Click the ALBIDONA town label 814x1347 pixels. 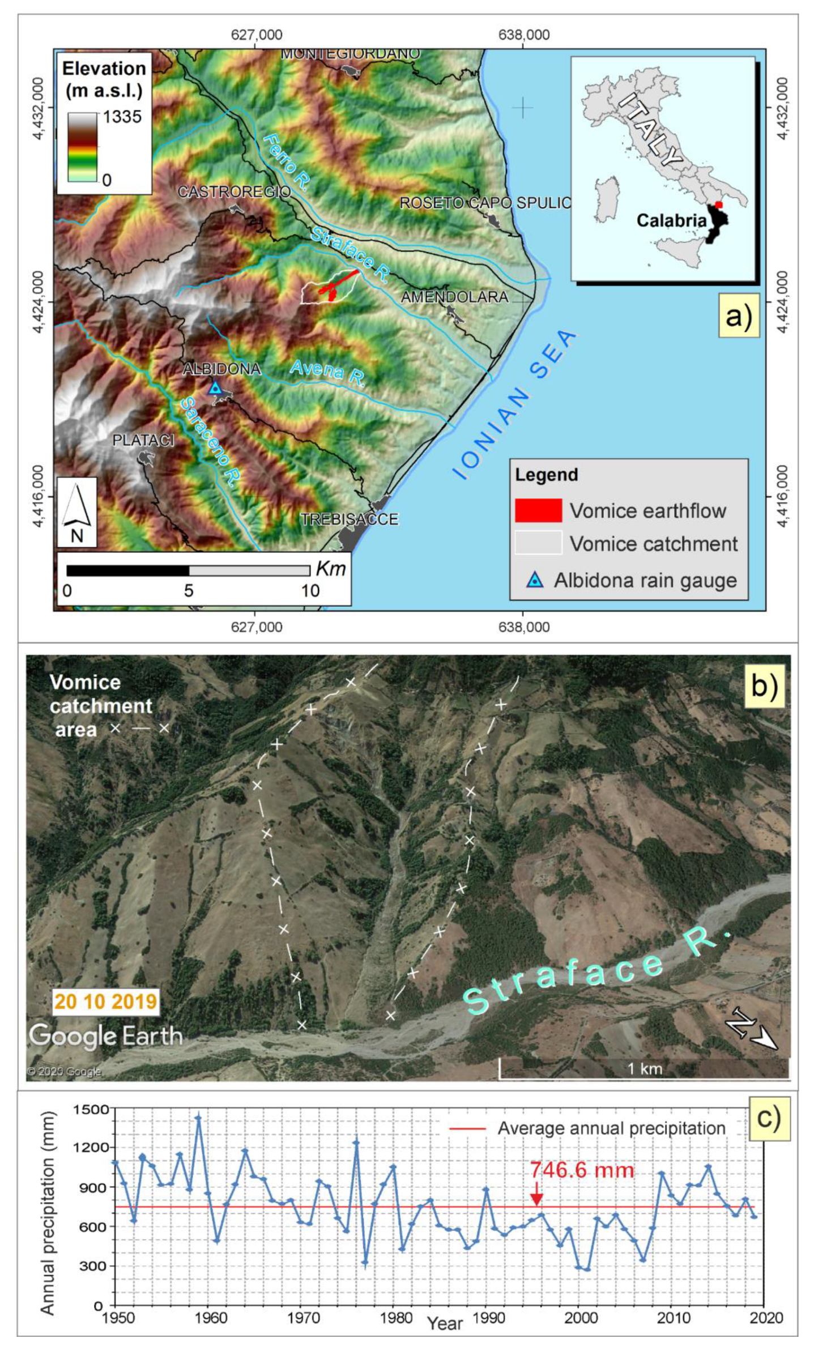click(221, 369)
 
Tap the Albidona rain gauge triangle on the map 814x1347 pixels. click(215, 388)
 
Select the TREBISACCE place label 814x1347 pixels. click(350, 519)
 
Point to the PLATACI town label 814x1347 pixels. click(143, 440)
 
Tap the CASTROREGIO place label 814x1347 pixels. click(235, 192)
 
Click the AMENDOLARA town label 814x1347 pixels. click(455, 297)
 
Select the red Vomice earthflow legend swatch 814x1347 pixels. click(538, 510)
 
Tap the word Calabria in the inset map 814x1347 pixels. click(671, 220)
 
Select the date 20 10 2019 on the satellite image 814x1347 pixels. click(106, 1001)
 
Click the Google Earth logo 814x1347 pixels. click(106, 1037)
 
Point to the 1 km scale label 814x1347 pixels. click(644, 1069)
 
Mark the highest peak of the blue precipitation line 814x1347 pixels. click(198, 1118)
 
